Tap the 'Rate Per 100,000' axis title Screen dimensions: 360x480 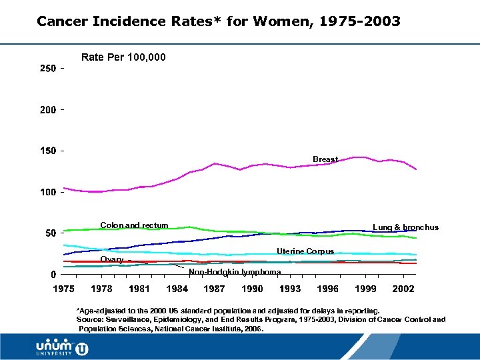point(123,57)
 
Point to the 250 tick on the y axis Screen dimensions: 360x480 point(46,69)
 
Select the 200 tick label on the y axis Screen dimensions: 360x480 point(46,110)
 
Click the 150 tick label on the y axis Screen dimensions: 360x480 point(46,151)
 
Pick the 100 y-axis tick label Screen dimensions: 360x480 point(46,193)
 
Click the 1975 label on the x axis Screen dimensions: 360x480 point(63,289)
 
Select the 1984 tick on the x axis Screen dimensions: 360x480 point(177,289)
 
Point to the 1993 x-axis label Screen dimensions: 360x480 point(290,289)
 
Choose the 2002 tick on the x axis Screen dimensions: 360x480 point(403,289)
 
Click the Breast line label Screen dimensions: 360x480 point(325,159)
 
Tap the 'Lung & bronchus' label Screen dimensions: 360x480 point(405,227)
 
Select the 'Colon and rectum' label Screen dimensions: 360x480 point(134,225)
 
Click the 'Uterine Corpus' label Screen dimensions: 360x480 point(305,251)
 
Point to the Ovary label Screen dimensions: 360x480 point(111,259)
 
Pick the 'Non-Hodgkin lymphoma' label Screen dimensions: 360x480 point(230,272)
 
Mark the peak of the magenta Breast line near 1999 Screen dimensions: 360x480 point(360,157)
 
